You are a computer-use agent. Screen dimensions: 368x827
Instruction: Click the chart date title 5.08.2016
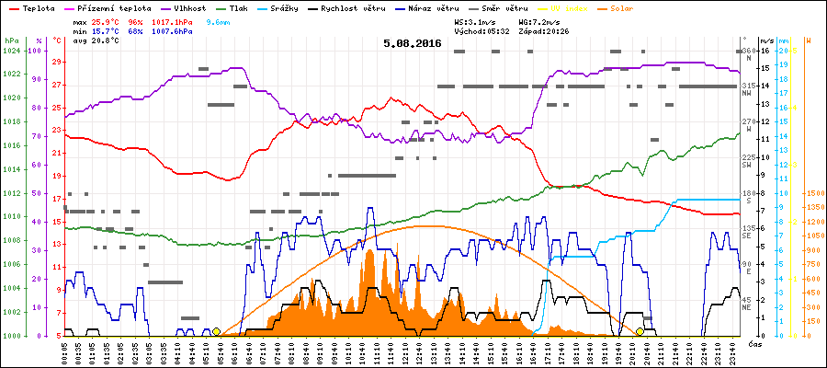[413, 43]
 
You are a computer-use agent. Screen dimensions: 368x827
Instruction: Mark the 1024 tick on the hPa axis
[11, 51]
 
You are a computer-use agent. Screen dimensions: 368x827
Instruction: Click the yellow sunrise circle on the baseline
[216, 331]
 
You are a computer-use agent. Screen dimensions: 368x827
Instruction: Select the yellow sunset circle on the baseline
[640, 331]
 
